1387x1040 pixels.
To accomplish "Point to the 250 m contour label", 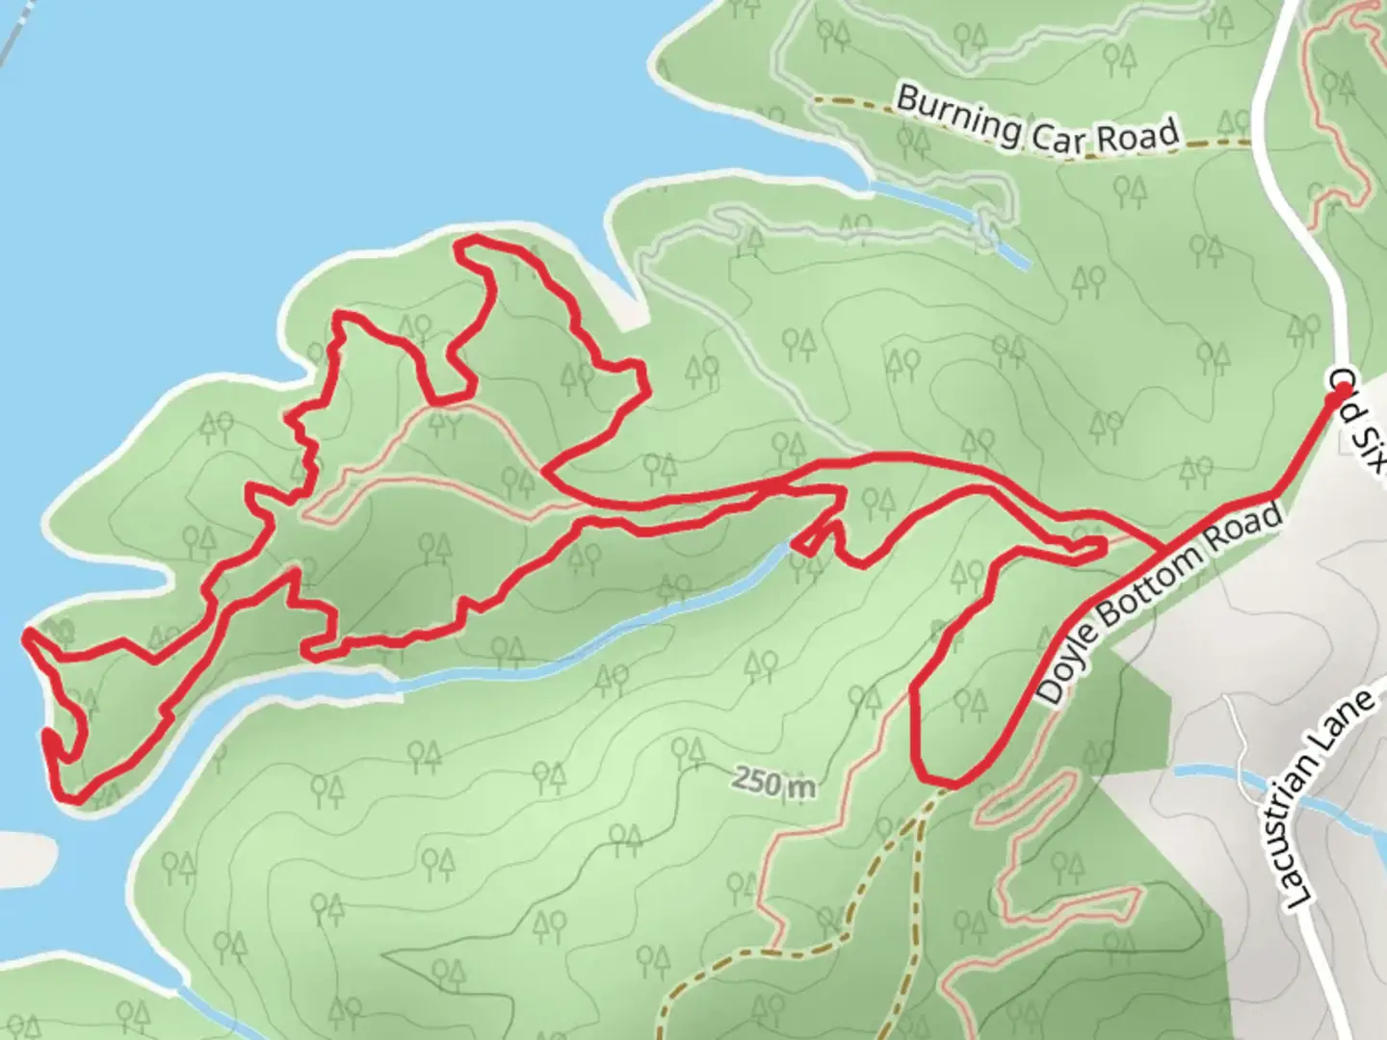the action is (773, 783).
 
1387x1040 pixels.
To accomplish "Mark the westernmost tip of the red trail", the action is (27, 635).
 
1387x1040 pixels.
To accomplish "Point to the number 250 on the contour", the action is (758, 781).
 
